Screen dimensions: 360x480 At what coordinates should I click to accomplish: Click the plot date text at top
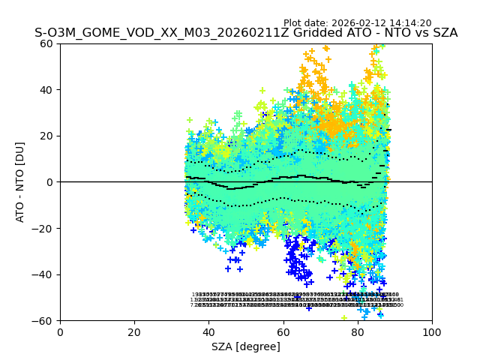357,23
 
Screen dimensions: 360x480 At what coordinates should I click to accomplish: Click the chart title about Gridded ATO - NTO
246,33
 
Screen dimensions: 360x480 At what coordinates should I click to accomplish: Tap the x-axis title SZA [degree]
246,346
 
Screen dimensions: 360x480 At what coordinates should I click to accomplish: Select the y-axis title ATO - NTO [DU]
21,181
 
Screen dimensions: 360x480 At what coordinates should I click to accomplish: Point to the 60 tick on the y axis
47,43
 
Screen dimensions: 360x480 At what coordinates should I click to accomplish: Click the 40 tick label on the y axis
47,90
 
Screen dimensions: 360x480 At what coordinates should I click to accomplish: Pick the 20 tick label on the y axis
47,136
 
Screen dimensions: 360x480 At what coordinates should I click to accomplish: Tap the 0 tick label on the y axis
50,182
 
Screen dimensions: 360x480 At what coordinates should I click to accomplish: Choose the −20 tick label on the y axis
44,228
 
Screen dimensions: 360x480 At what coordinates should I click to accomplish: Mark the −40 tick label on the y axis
44,274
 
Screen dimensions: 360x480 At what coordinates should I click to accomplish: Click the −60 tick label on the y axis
44,320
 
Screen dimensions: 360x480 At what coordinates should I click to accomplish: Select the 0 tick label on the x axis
60,331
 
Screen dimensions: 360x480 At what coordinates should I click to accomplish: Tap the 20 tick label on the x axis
134,331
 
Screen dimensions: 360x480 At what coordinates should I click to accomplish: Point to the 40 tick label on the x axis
208,331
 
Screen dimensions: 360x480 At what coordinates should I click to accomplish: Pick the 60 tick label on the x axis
283,331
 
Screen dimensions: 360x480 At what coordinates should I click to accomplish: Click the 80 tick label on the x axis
358,331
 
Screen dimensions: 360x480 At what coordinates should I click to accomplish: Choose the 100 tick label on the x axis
432,331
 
